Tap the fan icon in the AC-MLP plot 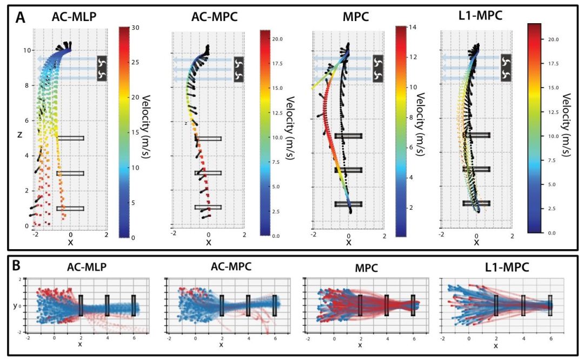103,68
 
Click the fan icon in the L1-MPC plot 506,68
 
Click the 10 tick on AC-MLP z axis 26,50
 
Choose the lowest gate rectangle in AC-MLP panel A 70,208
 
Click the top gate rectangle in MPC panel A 348,136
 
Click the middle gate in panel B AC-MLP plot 107,305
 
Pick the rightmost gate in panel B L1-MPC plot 550,305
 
